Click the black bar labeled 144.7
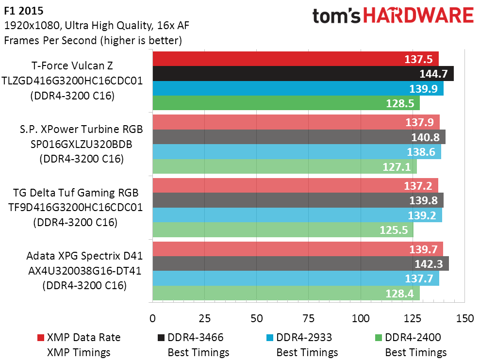[x=303, y=74]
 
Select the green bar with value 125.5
[x=282, y=229]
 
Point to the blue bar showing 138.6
[x=297, y=152]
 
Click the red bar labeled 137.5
[x=295, y=59]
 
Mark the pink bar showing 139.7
[x=298, y=249]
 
